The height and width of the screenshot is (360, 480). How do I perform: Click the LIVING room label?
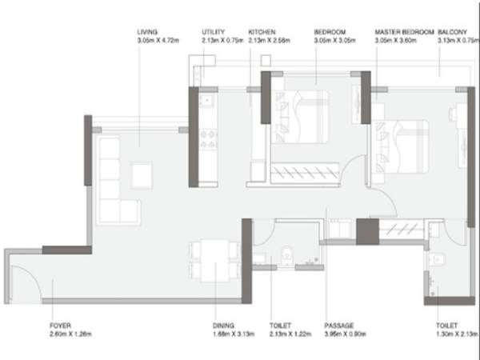[148, 32]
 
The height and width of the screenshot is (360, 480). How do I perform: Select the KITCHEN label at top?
[262, 32]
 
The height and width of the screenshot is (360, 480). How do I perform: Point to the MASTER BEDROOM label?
[404, 32]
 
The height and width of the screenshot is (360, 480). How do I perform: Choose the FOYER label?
[59, 326]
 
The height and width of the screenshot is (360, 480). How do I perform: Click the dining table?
[214, 260]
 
